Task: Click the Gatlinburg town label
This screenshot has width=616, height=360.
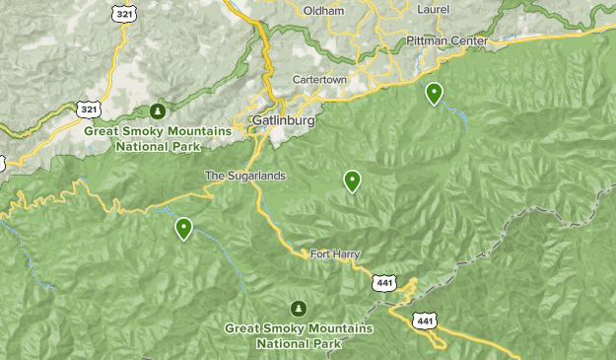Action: (x=283, y=120)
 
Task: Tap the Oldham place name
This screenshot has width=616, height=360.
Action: (x=324, y=11)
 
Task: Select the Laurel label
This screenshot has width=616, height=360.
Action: (x=433, y=9)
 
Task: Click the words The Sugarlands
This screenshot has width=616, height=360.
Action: (x=244, y=176)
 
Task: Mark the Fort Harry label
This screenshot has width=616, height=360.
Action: (x=335, y=253)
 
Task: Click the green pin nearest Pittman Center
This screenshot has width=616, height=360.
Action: (x=434, y=94)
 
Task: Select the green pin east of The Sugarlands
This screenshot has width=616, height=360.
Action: (x=352, y=180)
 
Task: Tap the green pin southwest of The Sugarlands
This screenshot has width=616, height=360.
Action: (x=183, y=229)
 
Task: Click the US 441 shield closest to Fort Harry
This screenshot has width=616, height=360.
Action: (x=384, y=283)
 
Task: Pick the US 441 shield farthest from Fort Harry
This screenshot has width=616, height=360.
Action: (x=425, y=321)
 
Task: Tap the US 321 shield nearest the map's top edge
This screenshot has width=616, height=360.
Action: (x=124, y=14)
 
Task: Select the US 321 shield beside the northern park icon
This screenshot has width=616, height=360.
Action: (x=90, y=108)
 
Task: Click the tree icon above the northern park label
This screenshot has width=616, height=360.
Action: (x=158, y=109)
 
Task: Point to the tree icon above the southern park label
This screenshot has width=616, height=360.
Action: (x=299, y=308)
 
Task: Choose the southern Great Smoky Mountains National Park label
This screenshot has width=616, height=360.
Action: (x=299, y=335)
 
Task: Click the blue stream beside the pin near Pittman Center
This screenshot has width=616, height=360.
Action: (x=457, y=115)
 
